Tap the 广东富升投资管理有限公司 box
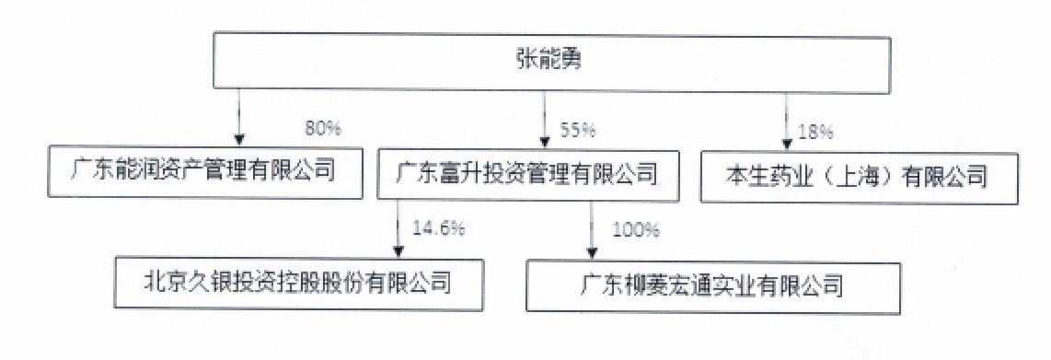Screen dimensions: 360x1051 pyautogui.click(x=527, y=171)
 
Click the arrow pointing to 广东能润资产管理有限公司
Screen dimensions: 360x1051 pyautogui.click(x=239, y=115)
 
